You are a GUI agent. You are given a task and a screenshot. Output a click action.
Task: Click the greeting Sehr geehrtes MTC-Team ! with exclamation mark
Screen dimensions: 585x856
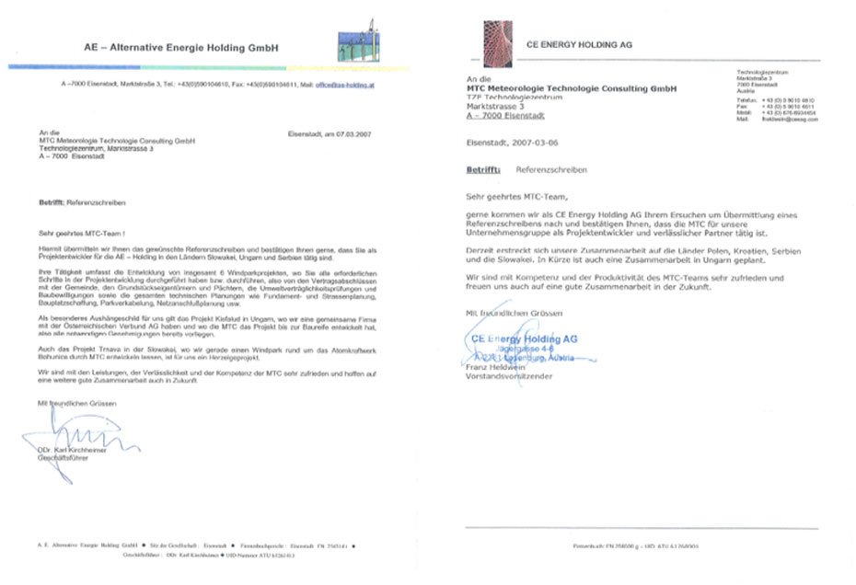click(x=84, y=235)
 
